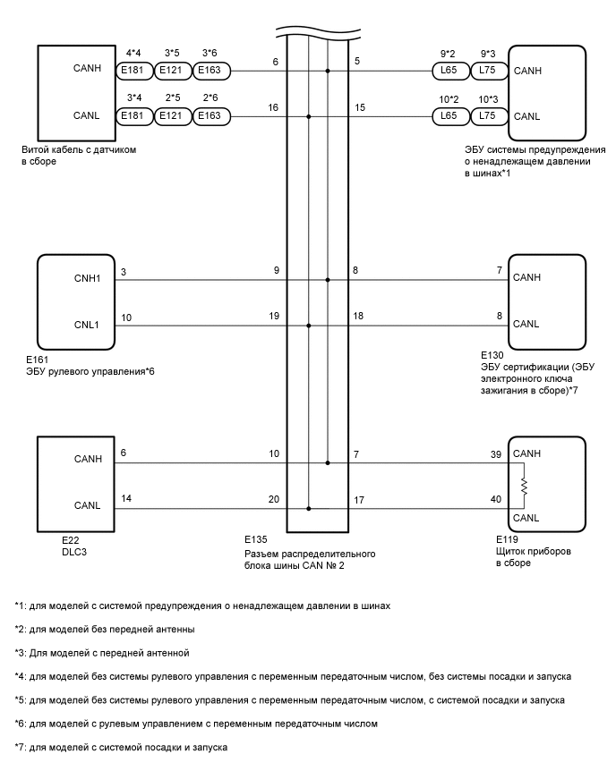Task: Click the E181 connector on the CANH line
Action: click(135, 70)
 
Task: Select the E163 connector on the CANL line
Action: click(211, 116)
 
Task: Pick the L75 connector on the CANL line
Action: click(489, 116)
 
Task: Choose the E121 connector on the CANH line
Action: click(173, 70)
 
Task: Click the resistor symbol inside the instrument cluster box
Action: click(526, 487)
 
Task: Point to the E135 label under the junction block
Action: click(256, 541)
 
